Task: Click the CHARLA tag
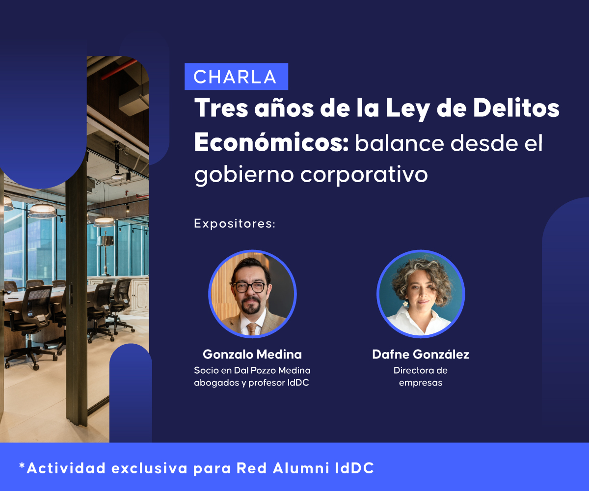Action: pos(237,77)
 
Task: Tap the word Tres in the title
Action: pos(221,108)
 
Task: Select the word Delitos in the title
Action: pos(516,108)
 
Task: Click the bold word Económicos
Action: pos(271,143)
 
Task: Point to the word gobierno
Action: pos(244,175)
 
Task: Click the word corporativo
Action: pos(364,175)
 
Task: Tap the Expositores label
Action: pos(235,224)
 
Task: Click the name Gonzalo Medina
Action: pos(252,355)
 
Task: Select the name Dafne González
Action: pos(421,355)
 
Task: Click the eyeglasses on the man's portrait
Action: pos(250,287)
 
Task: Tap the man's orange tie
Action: pos(252,329)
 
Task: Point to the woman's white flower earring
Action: pos(405,304)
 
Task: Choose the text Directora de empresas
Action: pos(421,377)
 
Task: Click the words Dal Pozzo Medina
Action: pos(272,370)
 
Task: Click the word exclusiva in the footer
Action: pos(150,468)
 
